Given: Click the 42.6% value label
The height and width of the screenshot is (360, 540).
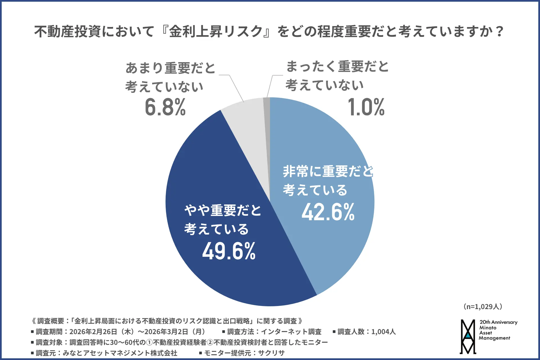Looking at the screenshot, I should coord(328,212).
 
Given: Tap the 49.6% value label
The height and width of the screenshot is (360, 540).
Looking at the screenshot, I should coord(229,251).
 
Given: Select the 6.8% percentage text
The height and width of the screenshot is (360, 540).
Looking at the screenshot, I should coord(165,107).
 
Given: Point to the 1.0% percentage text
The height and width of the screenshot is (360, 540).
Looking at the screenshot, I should coord(366,107).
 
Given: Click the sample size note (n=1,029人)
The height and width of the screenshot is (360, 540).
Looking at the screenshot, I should coord(483,307).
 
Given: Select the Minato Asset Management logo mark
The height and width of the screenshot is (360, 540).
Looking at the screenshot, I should coord(468,337).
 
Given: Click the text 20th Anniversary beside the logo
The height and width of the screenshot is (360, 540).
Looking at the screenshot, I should coord(498,322).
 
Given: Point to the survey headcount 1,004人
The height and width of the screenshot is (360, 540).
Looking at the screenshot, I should coord(383,332).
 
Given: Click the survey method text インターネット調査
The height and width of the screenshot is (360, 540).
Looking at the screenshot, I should coord(291,332).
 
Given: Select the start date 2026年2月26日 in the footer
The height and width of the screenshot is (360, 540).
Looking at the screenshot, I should coord(93,332).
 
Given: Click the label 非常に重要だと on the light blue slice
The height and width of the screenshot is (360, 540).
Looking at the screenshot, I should coord(328,171).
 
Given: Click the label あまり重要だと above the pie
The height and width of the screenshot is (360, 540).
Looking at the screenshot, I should coord(170,68).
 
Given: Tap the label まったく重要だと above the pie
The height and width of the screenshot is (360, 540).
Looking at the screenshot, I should coord(337,67).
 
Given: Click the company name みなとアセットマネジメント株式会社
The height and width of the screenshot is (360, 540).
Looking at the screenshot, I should coord(120,353).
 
